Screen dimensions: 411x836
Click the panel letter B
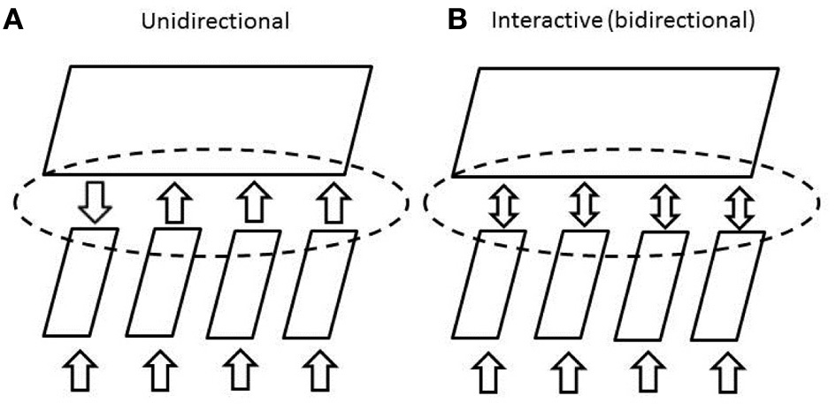click(457, 19)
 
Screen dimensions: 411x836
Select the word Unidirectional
click(216, 20)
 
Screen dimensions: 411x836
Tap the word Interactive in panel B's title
click(533, 20)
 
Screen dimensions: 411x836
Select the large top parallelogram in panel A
click(208, 119)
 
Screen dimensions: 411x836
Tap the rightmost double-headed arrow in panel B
click(739, 205)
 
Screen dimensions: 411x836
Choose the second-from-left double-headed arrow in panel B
click(582, 205)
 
